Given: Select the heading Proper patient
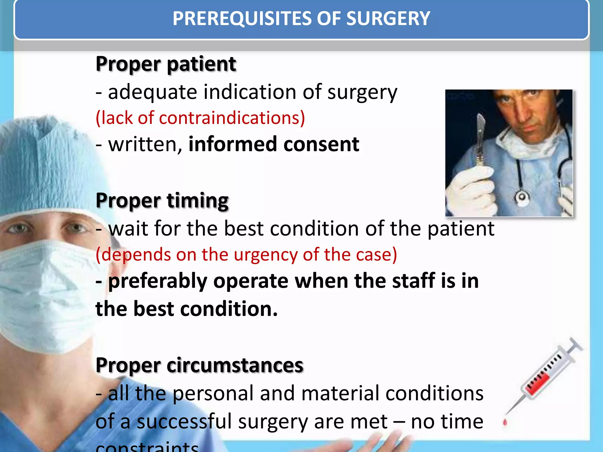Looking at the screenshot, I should pyautogui.click(x=166, y=64).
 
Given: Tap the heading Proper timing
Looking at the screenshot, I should pyautogui.click(x=162, y=201).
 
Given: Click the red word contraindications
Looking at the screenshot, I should pyautogui.click(x=229, y=118).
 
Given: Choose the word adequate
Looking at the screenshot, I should pyautogui.click(x=152, y=92).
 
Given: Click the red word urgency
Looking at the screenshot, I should pyautogui.click(x=266, y=255).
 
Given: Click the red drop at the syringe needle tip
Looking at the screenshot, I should pyautogui.click(x=505, y=423).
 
